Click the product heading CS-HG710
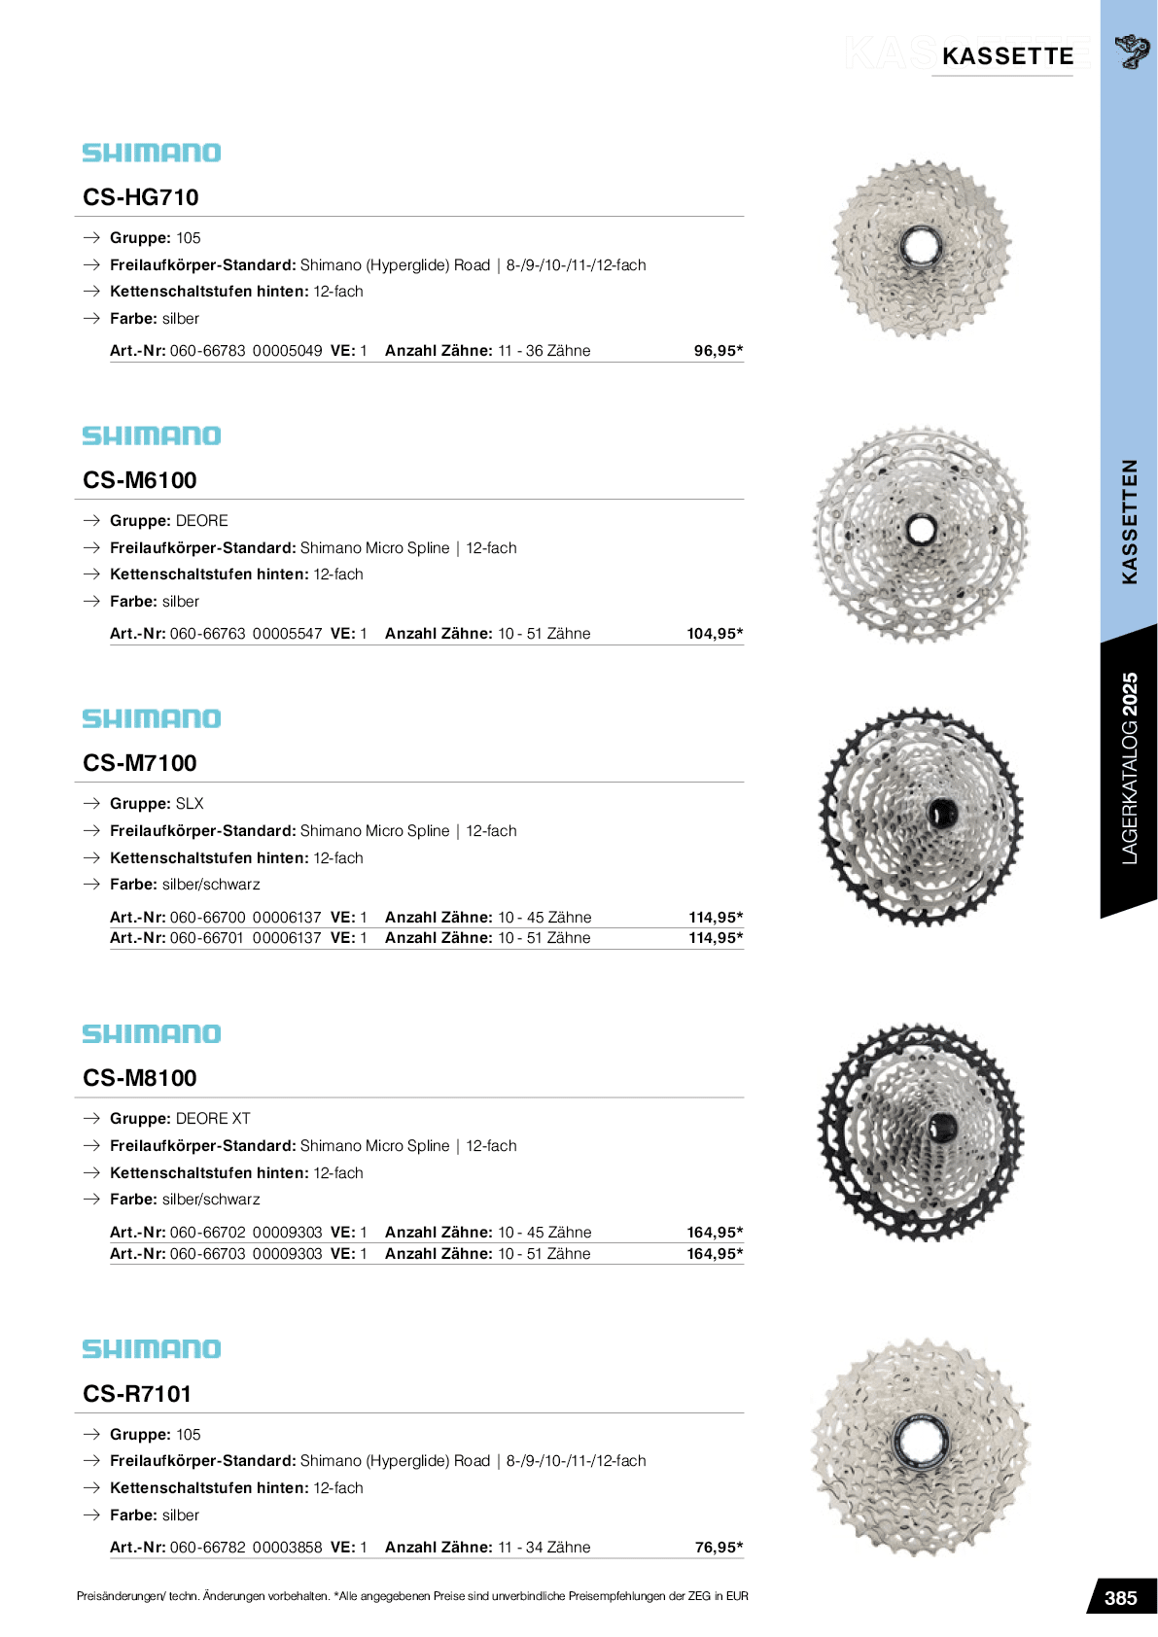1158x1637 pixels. pos(141,197)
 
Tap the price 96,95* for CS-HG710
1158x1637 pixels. pos(718,351)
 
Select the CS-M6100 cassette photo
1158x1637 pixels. pos(921,534)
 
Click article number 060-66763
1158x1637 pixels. pos(207,634)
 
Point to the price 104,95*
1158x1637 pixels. pos(715,634)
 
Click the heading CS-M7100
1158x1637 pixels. pos(140,763)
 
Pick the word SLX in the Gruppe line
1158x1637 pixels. pos(190,804)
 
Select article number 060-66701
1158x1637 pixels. pos(207,938)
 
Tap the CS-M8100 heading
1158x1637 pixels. pos(140,1078)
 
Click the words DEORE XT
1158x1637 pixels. pos(213,1119)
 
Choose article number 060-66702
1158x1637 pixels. pos(207,1233)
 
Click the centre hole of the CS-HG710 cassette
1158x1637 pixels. pos(920,246)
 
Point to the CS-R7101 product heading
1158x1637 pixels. pos(137,1394)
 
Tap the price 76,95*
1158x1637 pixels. pos(719,1548)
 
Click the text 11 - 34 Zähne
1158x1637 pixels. pos(544,1548)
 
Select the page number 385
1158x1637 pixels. pos(1120,1598)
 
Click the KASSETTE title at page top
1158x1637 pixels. pos(1007,56)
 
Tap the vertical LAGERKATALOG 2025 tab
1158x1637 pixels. pos(1129,768)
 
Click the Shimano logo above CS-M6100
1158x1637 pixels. pos(152,435)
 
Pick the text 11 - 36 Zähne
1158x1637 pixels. pos(544,351)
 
